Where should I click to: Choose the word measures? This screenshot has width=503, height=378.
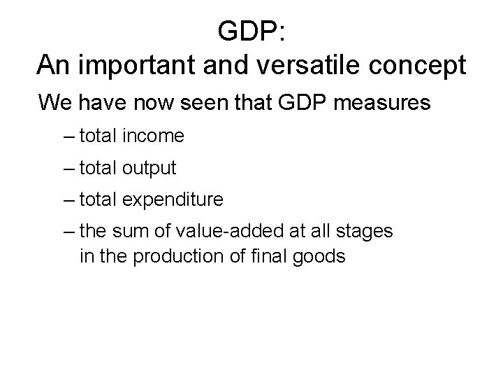tap(388, 104)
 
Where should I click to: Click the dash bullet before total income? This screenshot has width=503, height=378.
tap(68, 136)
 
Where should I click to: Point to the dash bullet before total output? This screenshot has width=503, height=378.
tap(68, 169)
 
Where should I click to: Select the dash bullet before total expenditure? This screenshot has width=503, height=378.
tap(68, 200)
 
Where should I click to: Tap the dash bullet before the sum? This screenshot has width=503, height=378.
tap(68, 232)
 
